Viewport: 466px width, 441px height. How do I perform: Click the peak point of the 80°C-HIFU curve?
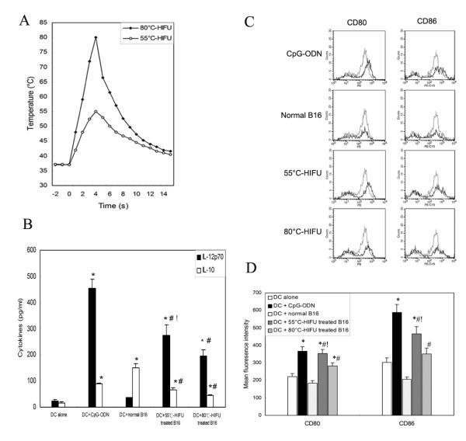click(96, 37)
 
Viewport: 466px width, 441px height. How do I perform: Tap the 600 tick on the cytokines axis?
click(34, 250)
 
